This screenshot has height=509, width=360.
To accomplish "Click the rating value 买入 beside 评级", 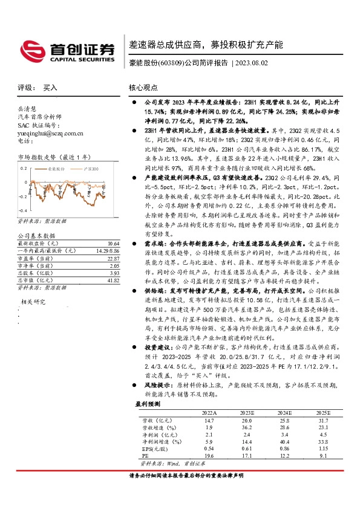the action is coord(50,87).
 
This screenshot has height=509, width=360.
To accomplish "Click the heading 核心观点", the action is coord(143,87).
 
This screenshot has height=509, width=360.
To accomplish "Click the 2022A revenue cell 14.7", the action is coord(209,420).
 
